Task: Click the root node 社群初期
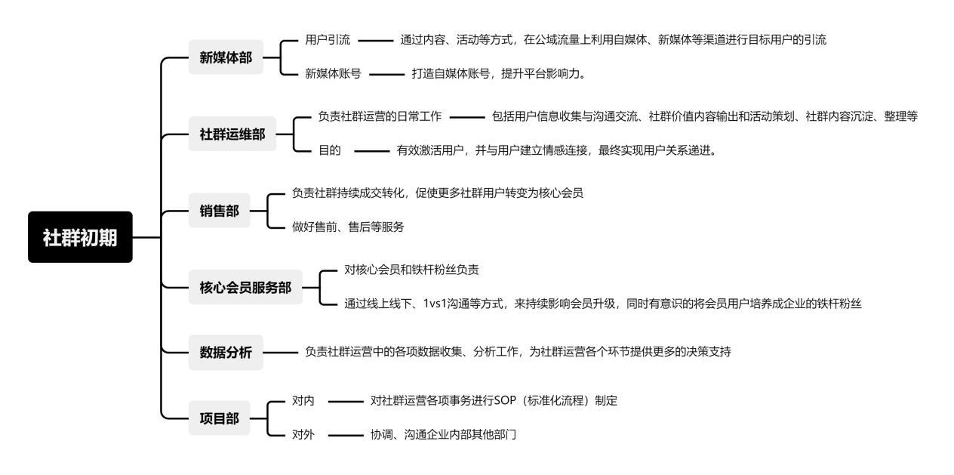pyautogui.click(x=80, y=237)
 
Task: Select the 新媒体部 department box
pyautogui.click(x=226, y=57)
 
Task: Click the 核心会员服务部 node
pyautogui.click(x=245, y=288)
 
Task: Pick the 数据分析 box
pyautogui.click(x=226, y=352)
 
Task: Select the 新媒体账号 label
pyautogui.click(x=333, y=74)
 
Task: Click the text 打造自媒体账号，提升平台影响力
pyautogui.click(x=499, y=74)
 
